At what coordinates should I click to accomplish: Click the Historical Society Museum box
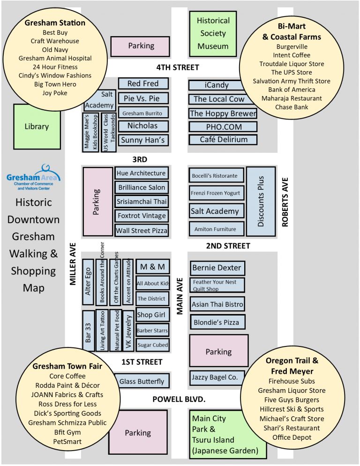tap(213, 33)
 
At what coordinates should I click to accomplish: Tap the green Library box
tap(36, 126)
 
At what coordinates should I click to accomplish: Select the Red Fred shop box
tap(143, 83)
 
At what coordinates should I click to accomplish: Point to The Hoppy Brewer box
tap(223, 113)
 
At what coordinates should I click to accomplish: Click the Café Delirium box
tap(223, 139)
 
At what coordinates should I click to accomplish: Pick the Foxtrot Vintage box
tap(141, 216)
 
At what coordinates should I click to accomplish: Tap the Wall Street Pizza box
tap(141, 231)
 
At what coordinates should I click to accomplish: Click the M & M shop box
tap(152, 267)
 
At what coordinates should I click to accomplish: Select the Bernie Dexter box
tap(217, 268)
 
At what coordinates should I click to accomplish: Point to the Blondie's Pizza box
tap(217, 323)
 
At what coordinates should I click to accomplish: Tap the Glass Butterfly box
tap(142, 381)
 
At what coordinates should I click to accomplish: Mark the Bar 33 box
tap(89, 331)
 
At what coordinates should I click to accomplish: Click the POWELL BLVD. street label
tap(179, 399)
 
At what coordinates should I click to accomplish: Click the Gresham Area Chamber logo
tap(33, 177)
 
